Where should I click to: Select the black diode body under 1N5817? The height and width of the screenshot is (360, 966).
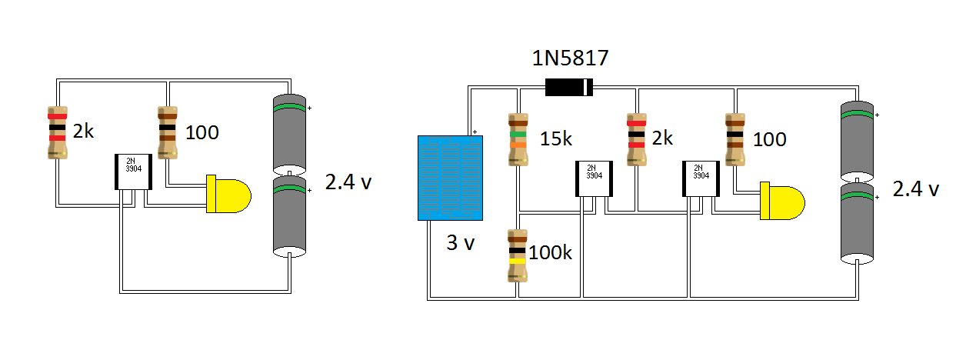point(568,87)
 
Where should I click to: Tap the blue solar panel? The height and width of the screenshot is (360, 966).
point(447,177)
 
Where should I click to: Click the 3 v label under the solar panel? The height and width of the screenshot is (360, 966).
point(461,244)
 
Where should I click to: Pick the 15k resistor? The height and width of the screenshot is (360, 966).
point(518,139)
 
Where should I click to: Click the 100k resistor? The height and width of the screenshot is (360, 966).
point(517,255)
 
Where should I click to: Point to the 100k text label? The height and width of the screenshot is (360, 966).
point(551,252)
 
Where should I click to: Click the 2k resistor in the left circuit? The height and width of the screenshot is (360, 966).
point(57,132)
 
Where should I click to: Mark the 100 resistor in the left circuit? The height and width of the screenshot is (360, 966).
point(168,132)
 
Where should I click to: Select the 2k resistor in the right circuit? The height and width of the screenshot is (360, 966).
point(636,139)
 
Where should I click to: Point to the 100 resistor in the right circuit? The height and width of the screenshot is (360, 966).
point(734,139)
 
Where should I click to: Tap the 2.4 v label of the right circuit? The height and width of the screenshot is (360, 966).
point(915,188)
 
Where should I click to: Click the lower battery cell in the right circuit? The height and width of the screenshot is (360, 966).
point(856,222)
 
